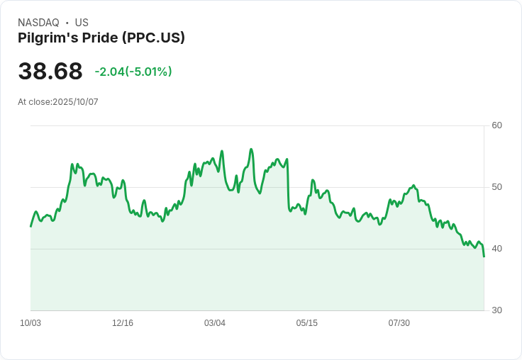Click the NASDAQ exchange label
coord(38,23)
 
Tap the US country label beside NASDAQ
coord(82,23)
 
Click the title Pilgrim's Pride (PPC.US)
coord(101,38)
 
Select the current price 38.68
coord(50,72)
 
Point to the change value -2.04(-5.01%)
coord(133,72)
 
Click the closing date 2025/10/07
coord(76,102)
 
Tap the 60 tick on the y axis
coord(497,125)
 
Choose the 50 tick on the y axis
coord(497,187)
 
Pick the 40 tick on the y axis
coord(497,249)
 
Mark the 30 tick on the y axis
coord(497,310)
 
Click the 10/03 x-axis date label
coord(30,323)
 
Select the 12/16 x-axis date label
coord(123,323)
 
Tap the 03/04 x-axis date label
coord(215,323)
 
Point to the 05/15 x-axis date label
coord(307,323)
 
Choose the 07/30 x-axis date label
coord(399,323)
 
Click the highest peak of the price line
coord(251,150)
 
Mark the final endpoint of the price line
coord(484,256)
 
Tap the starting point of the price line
coord(31,226)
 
